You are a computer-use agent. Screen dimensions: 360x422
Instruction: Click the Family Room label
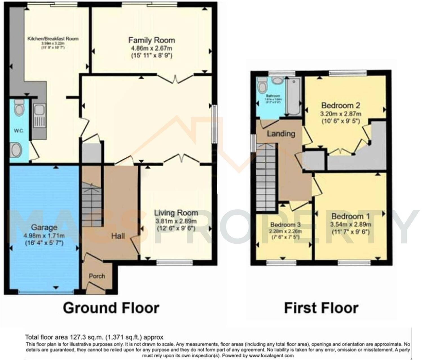coord(151,40)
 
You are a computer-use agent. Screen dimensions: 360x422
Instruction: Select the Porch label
coord(97,276)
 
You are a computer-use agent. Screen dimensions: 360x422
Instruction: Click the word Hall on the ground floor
coord(118,236)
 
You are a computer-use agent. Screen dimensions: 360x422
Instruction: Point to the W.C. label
coord(19,131)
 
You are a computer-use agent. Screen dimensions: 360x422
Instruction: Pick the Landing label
coord(281,134)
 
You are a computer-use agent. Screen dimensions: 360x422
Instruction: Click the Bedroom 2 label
coord(341,106)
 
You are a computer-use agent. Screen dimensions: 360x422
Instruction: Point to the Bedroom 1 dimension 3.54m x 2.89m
coord(351,225)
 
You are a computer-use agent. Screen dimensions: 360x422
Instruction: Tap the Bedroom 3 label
coord(285,225)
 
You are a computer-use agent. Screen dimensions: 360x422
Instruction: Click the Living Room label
coord(176,213)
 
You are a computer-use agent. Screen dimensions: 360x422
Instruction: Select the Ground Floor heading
coord(111,308)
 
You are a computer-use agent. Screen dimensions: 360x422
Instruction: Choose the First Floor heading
coord(321,308)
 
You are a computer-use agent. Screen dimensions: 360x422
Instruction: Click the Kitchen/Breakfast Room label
coord(53,39)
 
